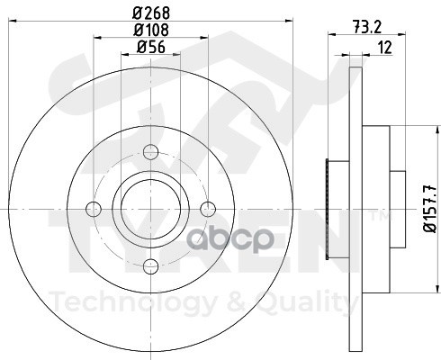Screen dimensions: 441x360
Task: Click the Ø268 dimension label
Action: click(151, 13)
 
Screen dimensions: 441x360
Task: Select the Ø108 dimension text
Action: click(151, 30)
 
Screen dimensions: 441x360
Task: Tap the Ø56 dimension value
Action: click(151, 47)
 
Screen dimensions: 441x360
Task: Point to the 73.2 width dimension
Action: click(367, 28)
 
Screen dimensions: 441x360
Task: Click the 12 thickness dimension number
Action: click(385, 48)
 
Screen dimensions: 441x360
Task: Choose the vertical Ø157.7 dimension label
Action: click(429, 209)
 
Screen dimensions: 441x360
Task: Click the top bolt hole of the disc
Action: click(150, 152)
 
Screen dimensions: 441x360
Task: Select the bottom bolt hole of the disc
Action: click(150, 266)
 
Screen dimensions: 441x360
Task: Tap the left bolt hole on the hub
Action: click(94, 210)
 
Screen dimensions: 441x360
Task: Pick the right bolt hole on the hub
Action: click(208, 209)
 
